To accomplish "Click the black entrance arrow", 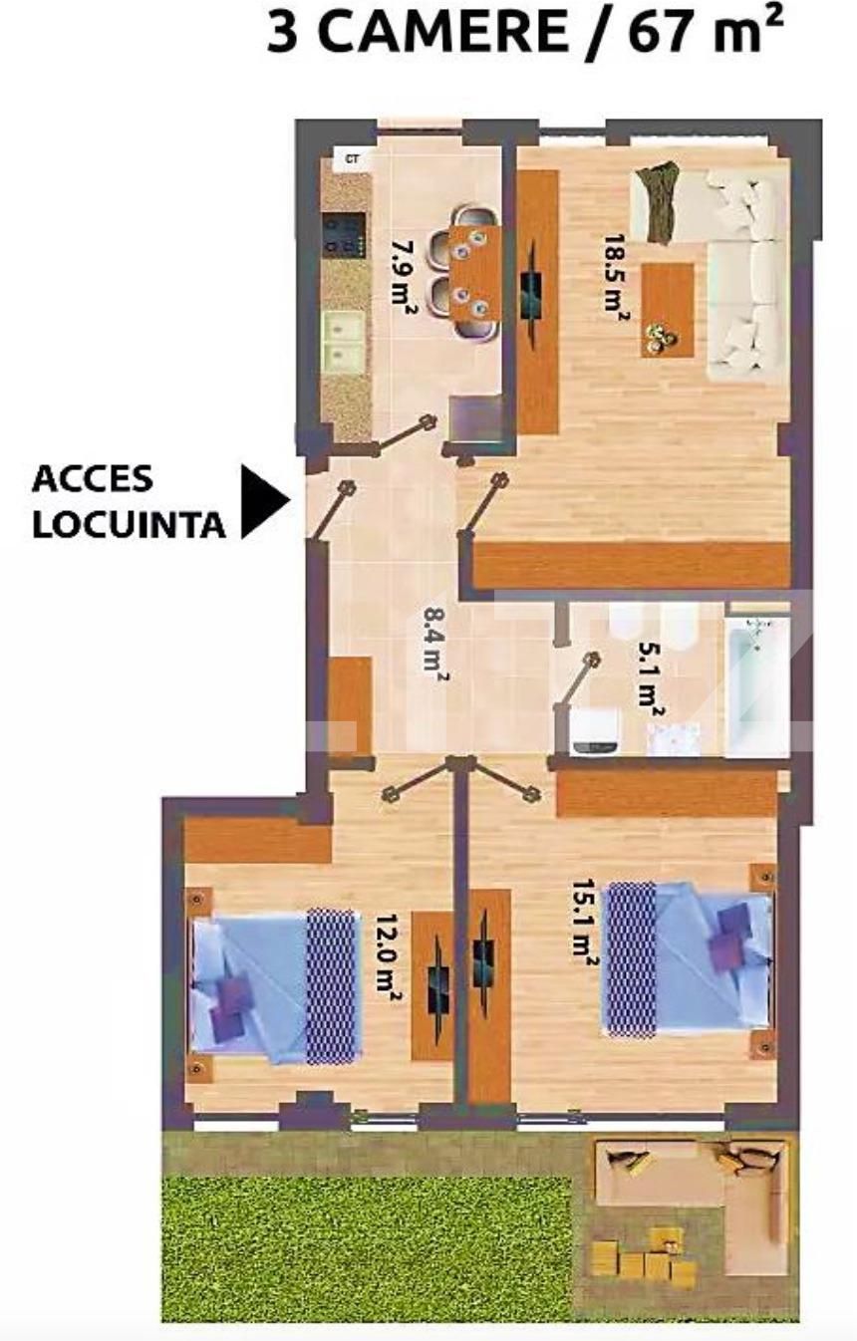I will pyautogui.click(x=264, y=501).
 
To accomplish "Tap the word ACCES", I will pyautogui.click(x=93, y=479).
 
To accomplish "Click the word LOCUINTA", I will pyautogui.click(x=129, y=524).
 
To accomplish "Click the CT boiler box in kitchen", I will pyautogui.click(x=351, y=159).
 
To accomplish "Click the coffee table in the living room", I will pyautogui.click(x=667, y=309).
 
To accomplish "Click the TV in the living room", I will pyautogui.click(x=534, y=289).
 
